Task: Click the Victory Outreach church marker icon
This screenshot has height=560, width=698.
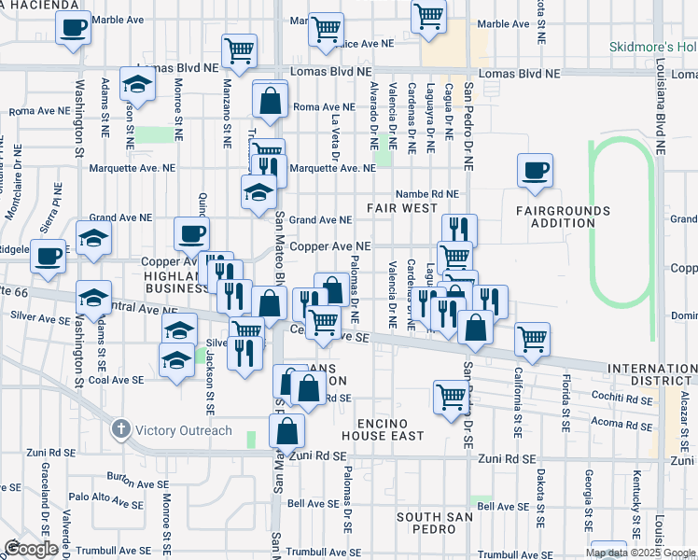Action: [119, 430]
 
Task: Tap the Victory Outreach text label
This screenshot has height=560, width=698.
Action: [183, 430]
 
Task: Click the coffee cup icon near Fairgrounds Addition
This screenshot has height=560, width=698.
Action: [536, 171]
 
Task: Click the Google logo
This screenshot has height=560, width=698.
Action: [30, 549]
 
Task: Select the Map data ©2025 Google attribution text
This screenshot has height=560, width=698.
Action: [639, 553]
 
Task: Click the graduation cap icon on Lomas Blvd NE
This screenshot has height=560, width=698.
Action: [138, 85]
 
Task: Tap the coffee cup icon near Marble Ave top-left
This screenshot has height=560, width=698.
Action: [72, 29]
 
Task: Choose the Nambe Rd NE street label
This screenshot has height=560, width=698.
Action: [426, 194]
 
